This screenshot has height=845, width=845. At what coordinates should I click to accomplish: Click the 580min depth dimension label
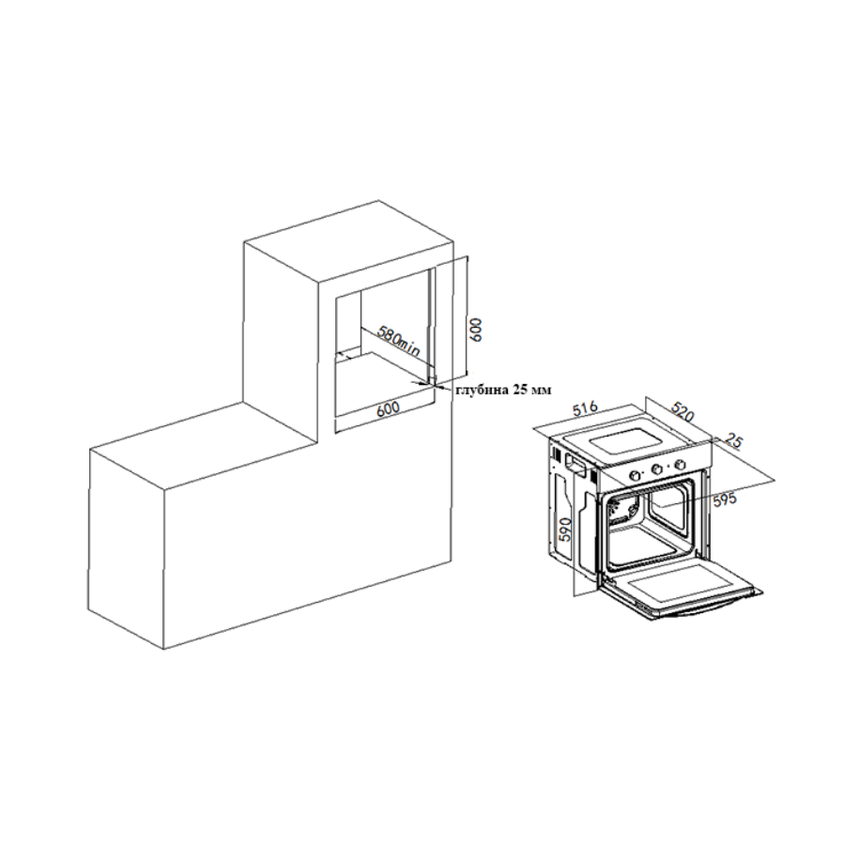[398, 341]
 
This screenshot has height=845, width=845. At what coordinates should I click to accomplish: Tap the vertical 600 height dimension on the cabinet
[476, 328]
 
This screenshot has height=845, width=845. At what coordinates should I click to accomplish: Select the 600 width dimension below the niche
[389, 408]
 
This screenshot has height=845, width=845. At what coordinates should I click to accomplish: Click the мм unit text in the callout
[541, 391]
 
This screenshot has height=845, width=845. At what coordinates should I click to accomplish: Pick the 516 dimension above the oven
[585, 408]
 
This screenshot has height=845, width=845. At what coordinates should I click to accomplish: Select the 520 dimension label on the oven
[682, 412]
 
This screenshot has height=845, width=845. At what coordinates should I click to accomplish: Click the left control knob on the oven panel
[636, 475]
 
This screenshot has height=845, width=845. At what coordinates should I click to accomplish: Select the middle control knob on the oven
[657, 469]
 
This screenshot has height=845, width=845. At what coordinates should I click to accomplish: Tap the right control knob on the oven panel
[681, 464]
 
